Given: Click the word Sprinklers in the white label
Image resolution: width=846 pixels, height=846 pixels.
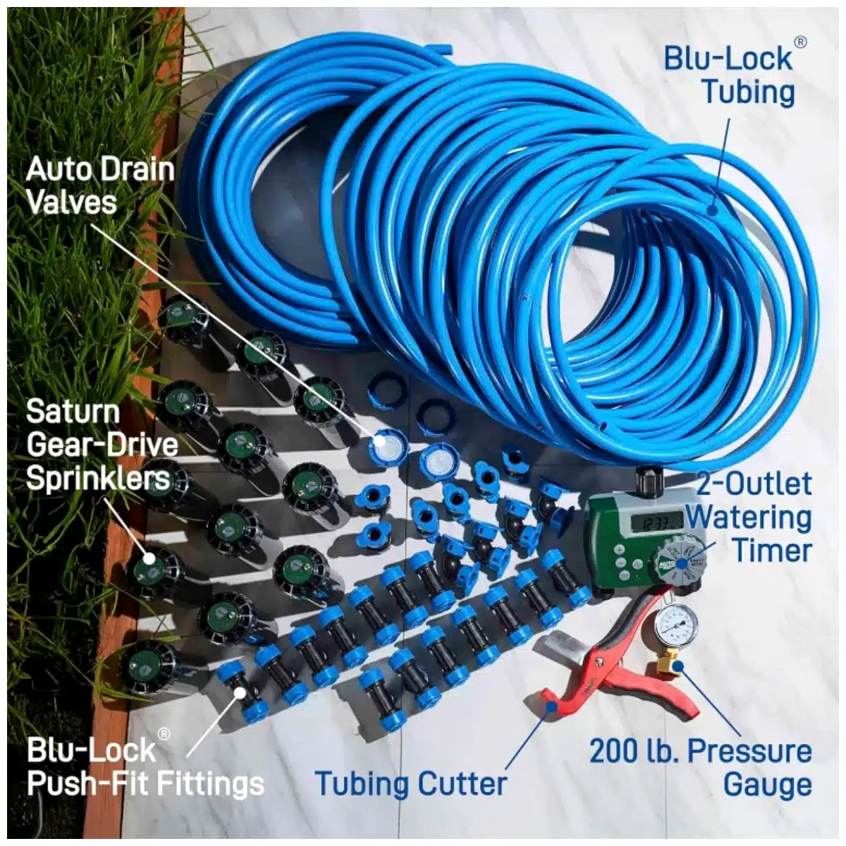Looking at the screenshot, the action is tap(98, 479).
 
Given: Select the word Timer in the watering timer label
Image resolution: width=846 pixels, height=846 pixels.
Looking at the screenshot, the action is tap(773, 551).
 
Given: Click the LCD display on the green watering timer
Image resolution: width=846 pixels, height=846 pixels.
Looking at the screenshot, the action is tap(656, 523).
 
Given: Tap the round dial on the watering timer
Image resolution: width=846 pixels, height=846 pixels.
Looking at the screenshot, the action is tap(679, 563).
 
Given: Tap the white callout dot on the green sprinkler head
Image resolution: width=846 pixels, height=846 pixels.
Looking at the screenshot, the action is tap(149, 558).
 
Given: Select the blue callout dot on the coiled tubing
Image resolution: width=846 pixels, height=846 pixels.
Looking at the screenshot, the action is tap(712, 211).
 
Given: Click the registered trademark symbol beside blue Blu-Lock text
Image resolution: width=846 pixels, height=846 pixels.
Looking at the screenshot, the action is tap(801, 42).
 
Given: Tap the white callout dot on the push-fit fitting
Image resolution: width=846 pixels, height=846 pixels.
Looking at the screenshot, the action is tap(239, 693).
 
